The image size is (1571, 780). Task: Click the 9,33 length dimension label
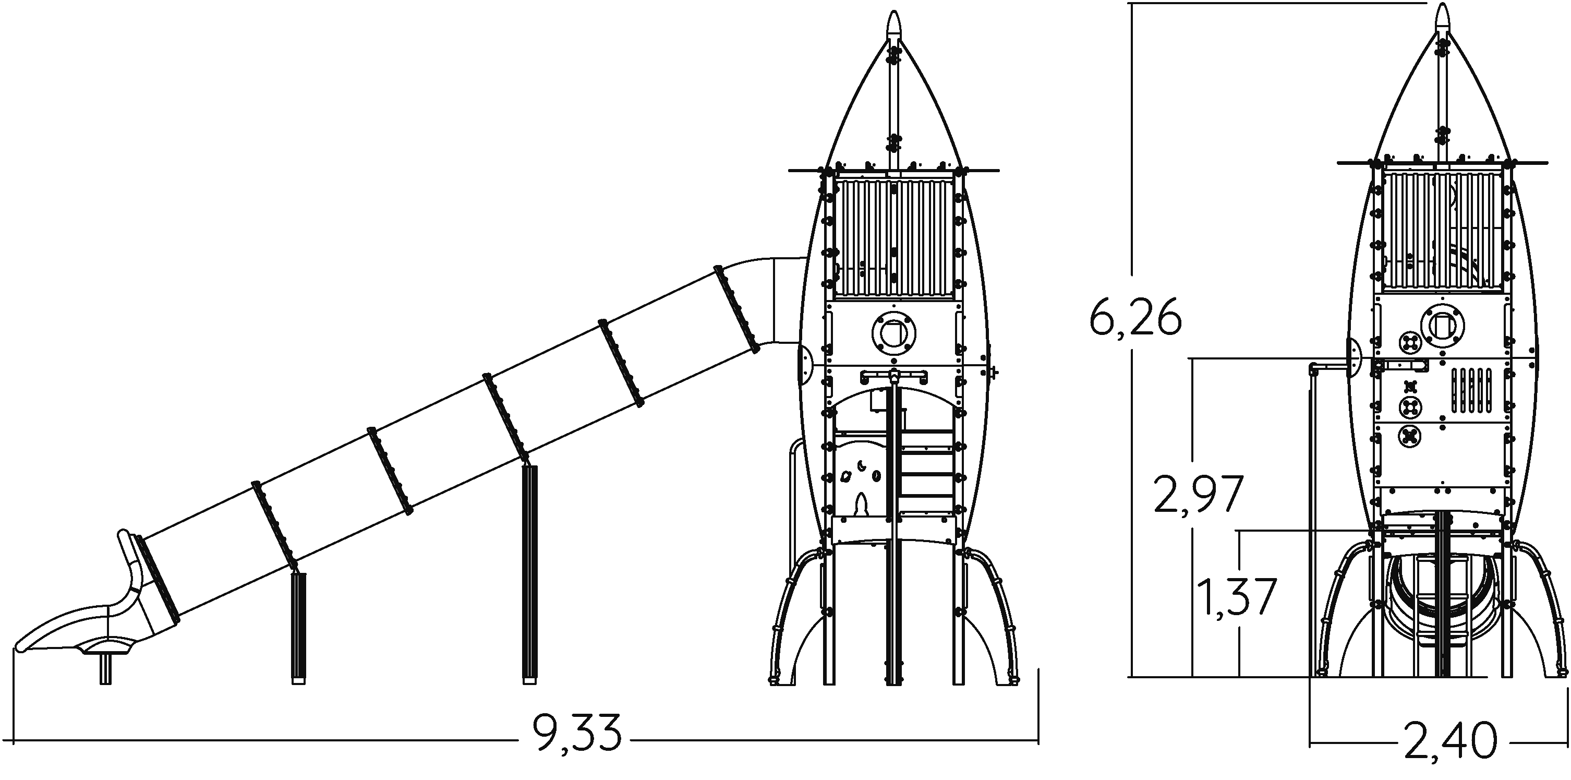tap(577, 732)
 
